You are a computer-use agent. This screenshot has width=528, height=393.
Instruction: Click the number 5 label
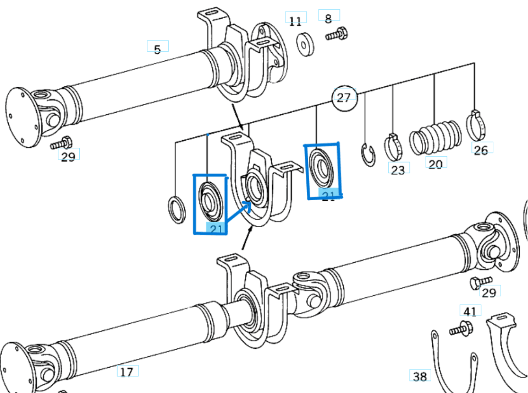coord(157,49)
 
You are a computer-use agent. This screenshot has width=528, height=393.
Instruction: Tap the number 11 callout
coord(295,21)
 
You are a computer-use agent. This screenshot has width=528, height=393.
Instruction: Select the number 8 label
coord(328,18)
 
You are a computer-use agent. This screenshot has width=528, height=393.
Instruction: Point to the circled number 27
coord(343,98)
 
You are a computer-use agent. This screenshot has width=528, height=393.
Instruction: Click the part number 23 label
coord(398,169)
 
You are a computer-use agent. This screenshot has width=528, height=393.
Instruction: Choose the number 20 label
coord(435,164)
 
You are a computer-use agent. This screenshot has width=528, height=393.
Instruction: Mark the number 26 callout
coord(481,150)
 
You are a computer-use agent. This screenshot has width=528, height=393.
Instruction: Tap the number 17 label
coord(127,372)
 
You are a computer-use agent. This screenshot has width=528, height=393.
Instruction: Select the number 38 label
coord(420,377)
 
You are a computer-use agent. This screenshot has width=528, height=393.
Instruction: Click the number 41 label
coord(470,312)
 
